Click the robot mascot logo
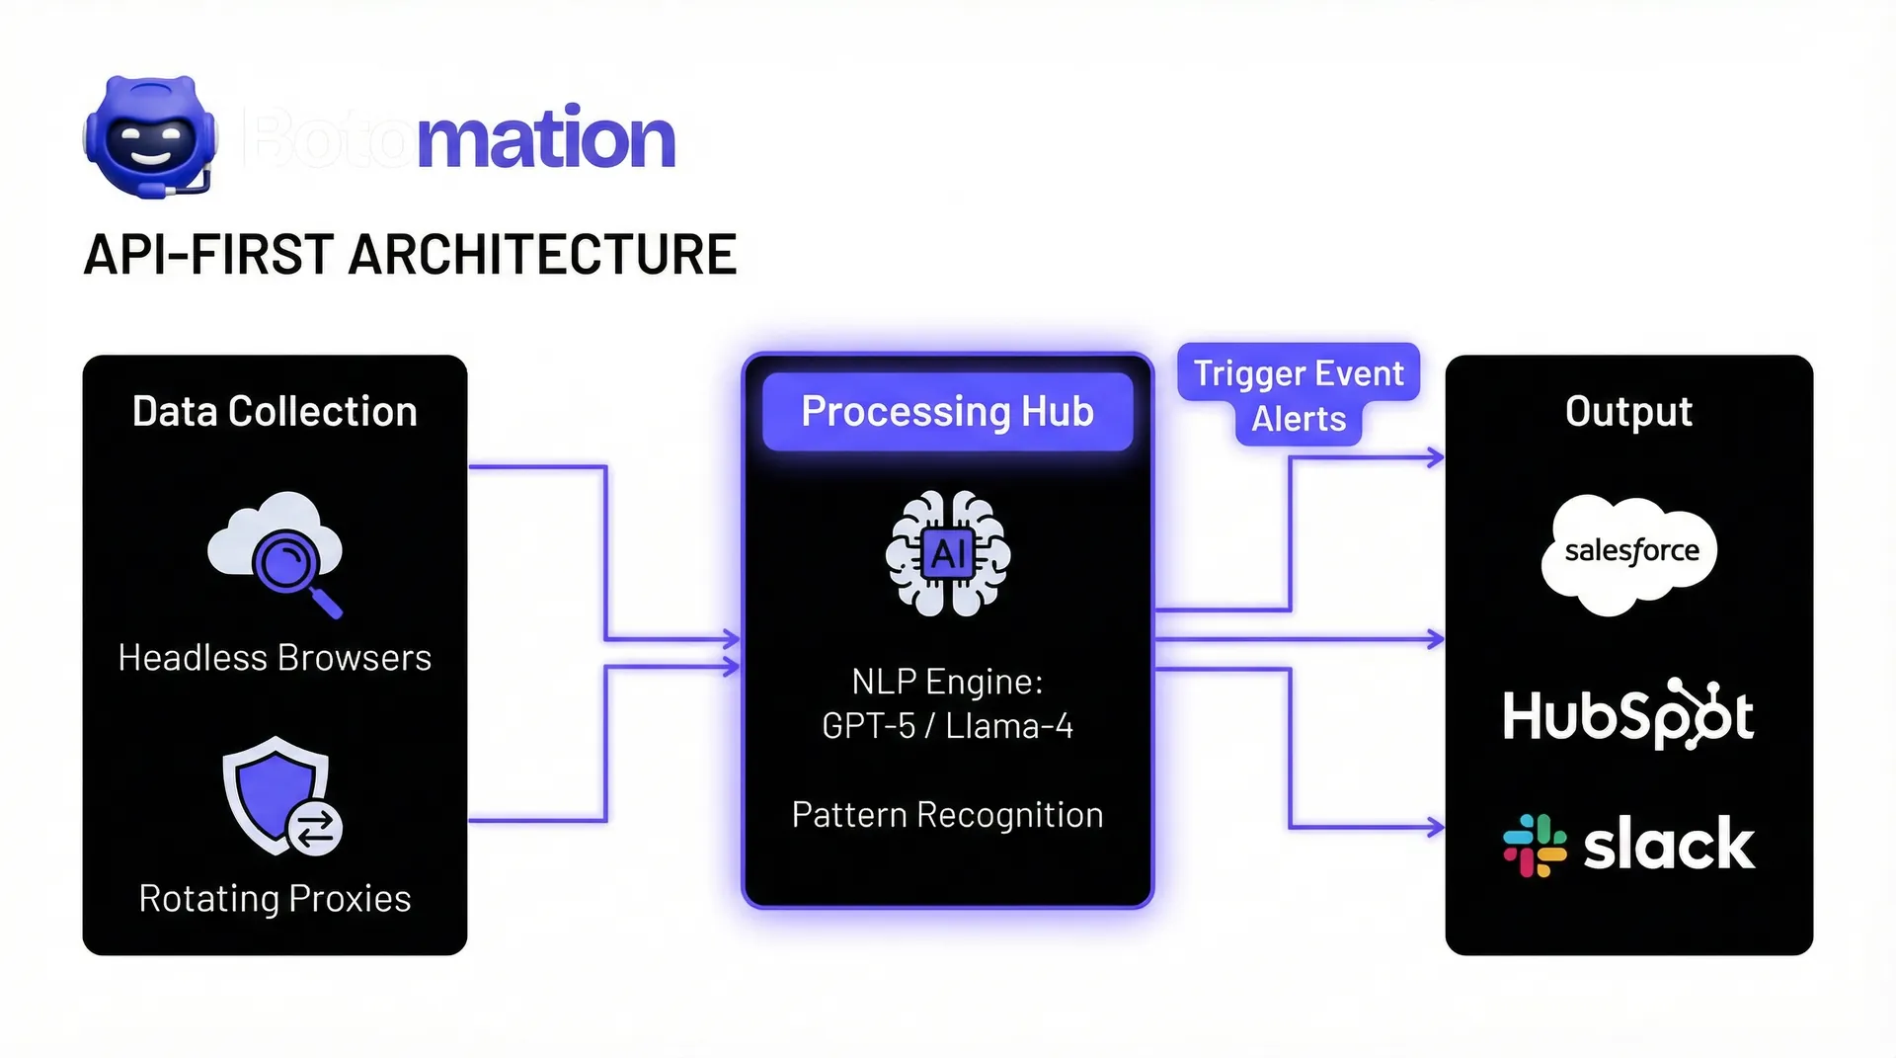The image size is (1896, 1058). click(149, 137)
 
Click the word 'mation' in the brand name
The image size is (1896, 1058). click(546, 139)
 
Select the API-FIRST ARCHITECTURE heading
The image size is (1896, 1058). click(410, 255)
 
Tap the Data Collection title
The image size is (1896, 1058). click(275, 412)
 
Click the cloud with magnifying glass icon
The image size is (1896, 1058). click(276, 552)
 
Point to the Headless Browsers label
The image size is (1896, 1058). click(275, 658)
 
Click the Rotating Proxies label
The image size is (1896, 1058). click(275, 899)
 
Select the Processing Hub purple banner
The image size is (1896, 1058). click(947, 412)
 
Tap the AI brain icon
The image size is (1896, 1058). click(948, 554)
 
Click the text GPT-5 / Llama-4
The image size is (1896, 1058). click(947, 726)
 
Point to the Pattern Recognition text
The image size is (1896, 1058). click(947, 815)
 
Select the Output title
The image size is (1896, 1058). click(1628, 412)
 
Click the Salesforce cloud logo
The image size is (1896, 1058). click(1629, 553)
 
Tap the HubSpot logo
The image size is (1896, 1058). click(1627, 714)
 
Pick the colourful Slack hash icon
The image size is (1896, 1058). click(1535, 846)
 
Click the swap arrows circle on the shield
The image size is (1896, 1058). click(315, 829)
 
